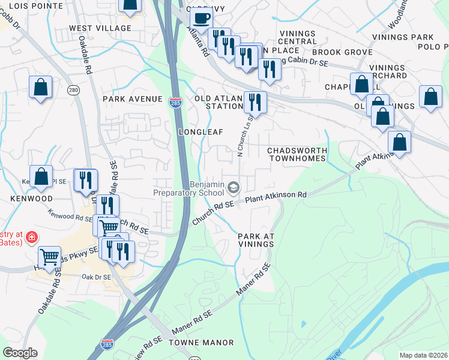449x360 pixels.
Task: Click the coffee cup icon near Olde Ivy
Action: pyautogui.click(x=202, y=17)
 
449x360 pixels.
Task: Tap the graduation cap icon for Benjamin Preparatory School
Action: pyautogui.click(x=232, y=188)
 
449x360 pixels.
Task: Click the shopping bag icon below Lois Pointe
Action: pyautogui.click(x=40, y=88)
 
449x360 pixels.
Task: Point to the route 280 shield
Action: pyautogui.click(x=73, y=90)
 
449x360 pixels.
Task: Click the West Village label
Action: pyautogui.click(x=100, y=28)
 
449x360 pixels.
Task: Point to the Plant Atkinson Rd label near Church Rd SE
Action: pyautogui.click(x=276, y=196)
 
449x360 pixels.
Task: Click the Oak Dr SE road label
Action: pyautogui.click(x=96, y=277)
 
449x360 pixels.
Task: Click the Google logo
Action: pyautogui.click(x=20, y=353)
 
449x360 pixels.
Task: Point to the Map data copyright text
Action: pyautogui.click(x=423, y=355)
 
